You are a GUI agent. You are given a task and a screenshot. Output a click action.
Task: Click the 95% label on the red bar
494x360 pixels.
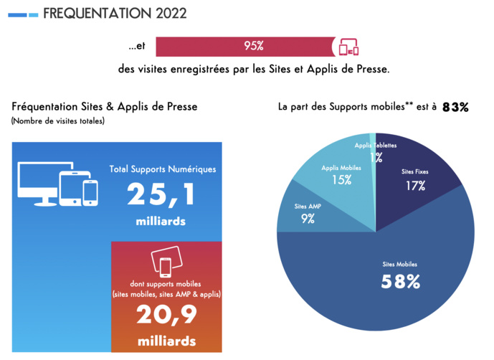tap(254, 46)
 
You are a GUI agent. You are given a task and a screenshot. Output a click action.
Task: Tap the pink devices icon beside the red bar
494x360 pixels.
tap(348, 47)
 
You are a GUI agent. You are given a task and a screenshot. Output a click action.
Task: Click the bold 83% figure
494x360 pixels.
tap(455, 107)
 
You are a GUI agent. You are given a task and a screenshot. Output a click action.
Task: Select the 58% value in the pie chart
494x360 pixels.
tap(400, 281)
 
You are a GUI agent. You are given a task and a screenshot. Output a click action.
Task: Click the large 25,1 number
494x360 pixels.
tap(162, 196)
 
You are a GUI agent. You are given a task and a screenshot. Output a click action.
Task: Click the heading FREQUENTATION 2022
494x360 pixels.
tap(115, 13)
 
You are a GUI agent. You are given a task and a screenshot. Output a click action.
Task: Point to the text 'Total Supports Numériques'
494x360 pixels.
tap(162, 169)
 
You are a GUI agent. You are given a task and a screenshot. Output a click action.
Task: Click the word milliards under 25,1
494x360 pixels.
tap(161, 221)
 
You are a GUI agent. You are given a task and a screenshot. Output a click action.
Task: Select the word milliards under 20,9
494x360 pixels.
tap(166, 340)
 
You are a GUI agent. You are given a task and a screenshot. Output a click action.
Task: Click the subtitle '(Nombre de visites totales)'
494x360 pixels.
tap(57, 121)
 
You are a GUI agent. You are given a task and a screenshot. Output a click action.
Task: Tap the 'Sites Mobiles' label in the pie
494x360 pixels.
tap(400, 264)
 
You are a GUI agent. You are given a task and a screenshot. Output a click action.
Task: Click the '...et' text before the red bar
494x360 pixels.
tap(137, 47)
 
